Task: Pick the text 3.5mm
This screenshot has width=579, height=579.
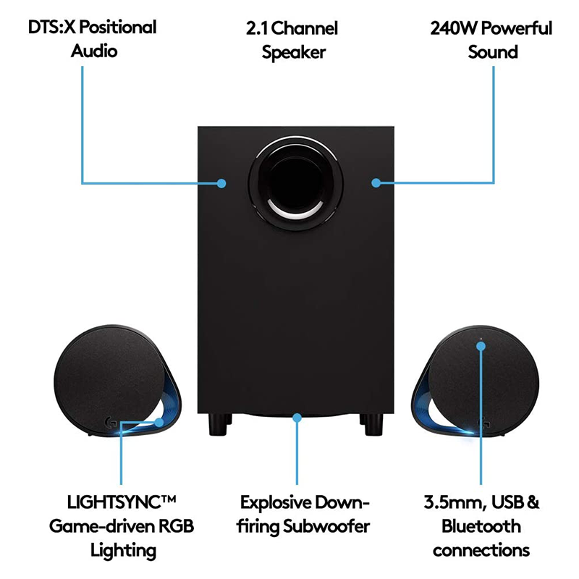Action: (449, 502)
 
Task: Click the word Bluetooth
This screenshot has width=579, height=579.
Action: (481, 526)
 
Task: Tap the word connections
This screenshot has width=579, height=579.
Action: (481, 550)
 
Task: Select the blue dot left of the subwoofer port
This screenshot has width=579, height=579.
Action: (221, 183)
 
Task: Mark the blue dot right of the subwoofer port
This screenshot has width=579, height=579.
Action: (376, 182)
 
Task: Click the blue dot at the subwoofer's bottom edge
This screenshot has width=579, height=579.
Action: (296, 417)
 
